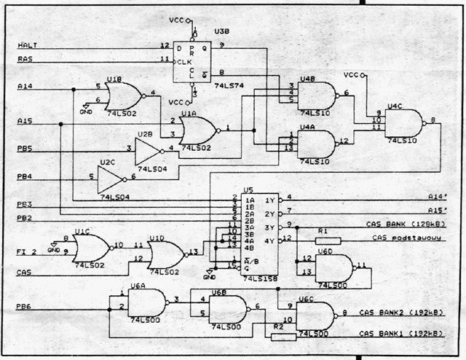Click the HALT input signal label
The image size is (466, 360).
coord(27,46)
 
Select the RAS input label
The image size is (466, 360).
coord(25,59)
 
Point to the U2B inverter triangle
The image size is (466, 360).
coord(148,149)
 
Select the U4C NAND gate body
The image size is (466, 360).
coord(406,123)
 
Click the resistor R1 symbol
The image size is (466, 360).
coord(328,240)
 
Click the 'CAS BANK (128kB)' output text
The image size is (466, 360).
coord(402,224)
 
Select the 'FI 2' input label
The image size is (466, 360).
coord(28,251)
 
